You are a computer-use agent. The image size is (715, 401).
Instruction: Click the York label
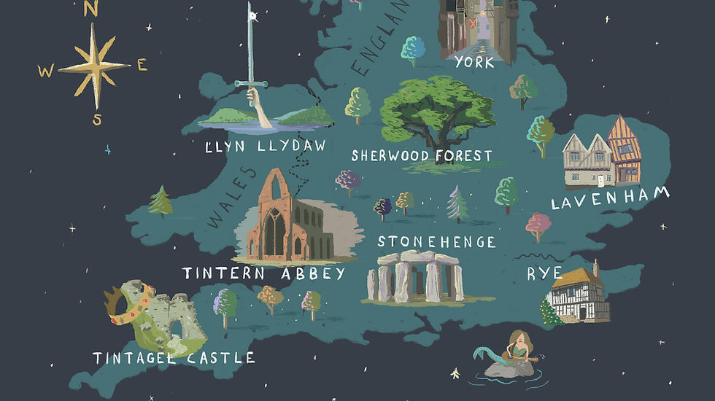click(x=474, y=62)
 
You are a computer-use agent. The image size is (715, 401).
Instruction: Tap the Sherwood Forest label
click(x=422, y=155)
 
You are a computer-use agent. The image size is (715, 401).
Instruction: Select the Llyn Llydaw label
click(x=266, y=147)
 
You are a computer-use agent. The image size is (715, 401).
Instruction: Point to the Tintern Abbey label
click(x=263, y=274)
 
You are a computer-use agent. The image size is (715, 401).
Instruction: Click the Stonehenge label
click(x=436, y=241)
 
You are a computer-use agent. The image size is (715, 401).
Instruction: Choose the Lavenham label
click(x=610, y=199)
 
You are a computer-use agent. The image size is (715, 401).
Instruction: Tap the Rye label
click(x=544, y=273)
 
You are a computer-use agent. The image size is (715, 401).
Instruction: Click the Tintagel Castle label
click(x=174, y=358)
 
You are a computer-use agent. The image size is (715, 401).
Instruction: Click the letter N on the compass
click(x=90, y=9)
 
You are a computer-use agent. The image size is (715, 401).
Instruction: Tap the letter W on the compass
click(x=46, y=71)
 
